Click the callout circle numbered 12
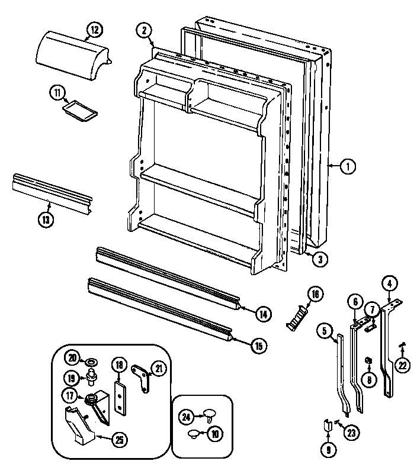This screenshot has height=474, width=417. (x=94, y=28)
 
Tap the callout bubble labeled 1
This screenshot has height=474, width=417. (x=348, y=167)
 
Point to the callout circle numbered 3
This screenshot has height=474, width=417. (x=319, y=259)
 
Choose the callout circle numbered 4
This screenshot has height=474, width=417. (x=389, y=283)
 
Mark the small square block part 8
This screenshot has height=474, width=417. (x=368, y=360)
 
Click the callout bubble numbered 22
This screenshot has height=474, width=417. (x=403, y=366)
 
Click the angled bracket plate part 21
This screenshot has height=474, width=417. (x=143, y=378)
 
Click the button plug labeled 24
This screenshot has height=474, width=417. (x=208, y=412)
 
